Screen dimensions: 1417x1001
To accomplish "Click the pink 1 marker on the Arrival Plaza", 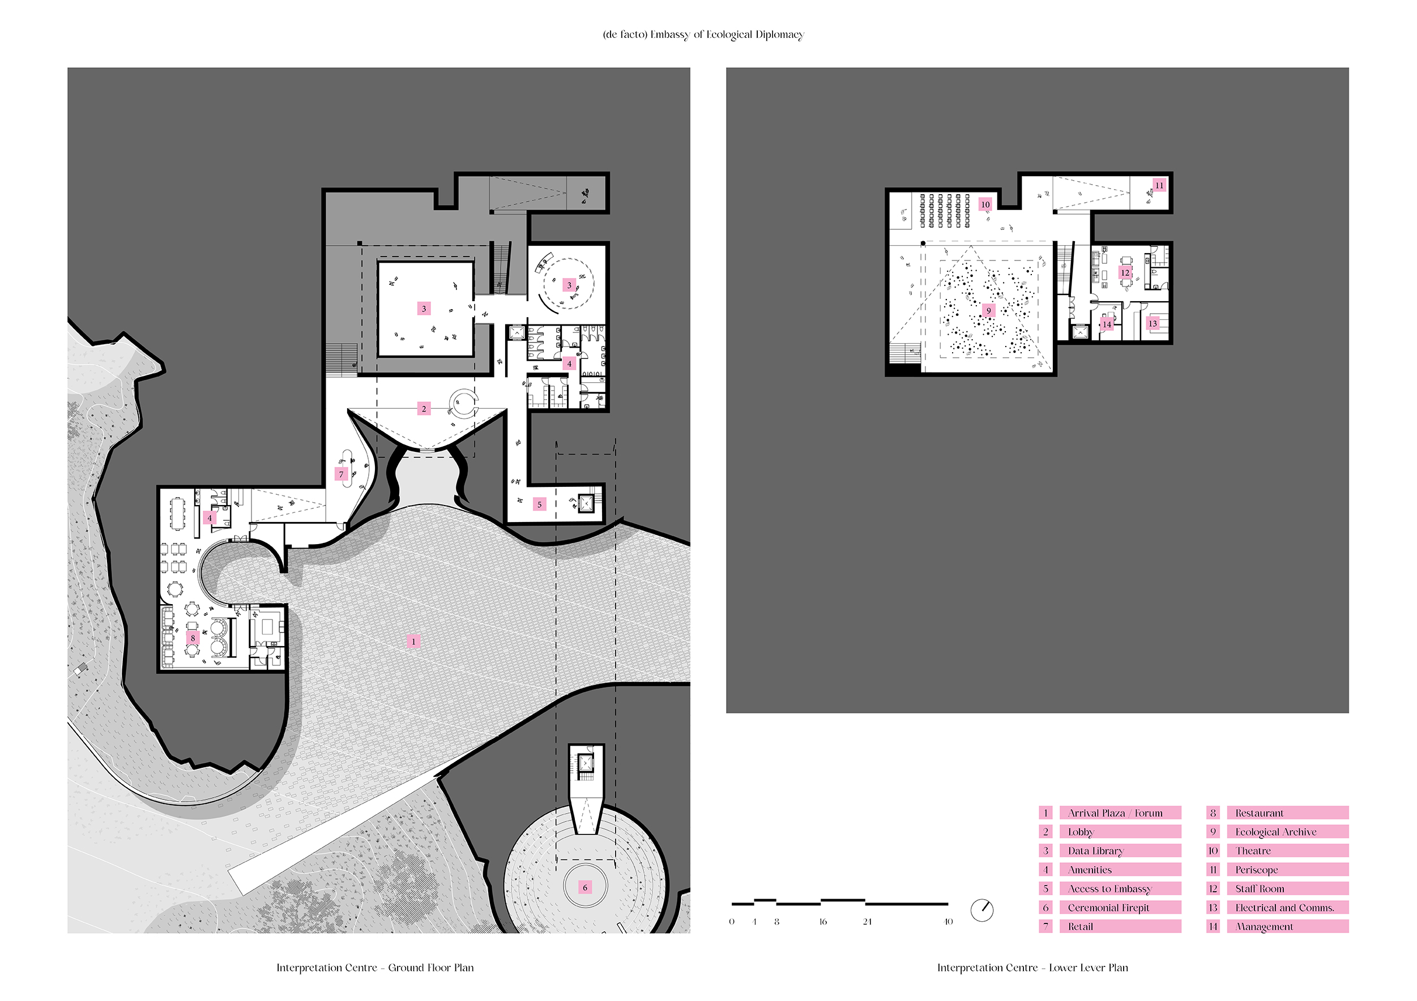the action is [x=413, y=641].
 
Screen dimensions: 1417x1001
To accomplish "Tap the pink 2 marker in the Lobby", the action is [x=424, y=409].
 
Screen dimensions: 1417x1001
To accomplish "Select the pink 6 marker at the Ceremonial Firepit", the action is [x=585, y=887].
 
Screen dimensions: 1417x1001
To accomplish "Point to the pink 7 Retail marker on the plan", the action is [x=342, y=474].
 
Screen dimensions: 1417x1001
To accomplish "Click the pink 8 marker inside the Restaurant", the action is [x=193, y=638].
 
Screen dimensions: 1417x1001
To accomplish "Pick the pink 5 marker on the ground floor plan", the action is [x=539, y=504].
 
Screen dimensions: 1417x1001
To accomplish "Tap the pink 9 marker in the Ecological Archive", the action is [x=988, y=310].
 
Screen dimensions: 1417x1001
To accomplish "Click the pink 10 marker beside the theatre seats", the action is [x=985, y=204].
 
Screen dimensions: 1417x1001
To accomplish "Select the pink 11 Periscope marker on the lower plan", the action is [x=1159, y=185].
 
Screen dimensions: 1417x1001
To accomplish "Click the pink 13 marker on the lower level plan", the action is [x=1153, y=323].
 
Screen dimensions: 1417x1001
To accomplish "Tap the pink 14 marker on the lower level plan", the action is [x=1107, y=324].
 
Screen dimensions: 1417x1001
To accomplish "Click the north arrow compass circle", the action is [x=982, y=910].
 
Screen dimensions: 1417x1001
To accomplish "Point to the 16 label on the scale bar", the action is [x=823, y=921].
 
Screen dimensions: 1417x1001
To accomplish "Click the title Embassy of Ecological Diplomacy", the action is [x=703, y=35].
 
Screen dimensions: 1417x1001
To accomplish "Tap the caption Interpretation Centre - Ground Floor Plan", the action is [x=375, y=968].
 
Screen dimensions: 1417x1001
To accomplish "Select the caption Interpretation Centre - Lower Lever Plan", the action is [x=1032, y=968].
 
